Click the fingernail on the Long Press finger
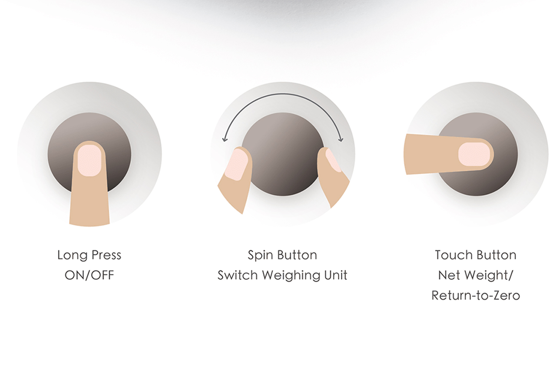pos(89,161)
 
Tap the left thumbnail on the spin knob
pos(236,165)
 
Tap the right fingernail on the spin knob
pos(333,160)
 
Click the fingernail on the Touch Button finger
pos(474,154)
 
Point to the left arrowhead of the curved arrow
pos(225,139)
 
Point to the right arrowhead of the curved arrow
pos(341,139)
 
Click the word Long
pos(72,255)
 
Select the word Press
pos(106,255)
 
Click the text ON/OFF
pos(89,275)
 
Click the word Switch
pos(237,275)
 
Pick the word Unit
pos(336,275)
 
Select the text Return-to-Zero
pos(476,296)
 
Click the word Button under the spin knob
pos(297,255)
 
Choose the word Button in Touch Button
pos(496,255)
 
